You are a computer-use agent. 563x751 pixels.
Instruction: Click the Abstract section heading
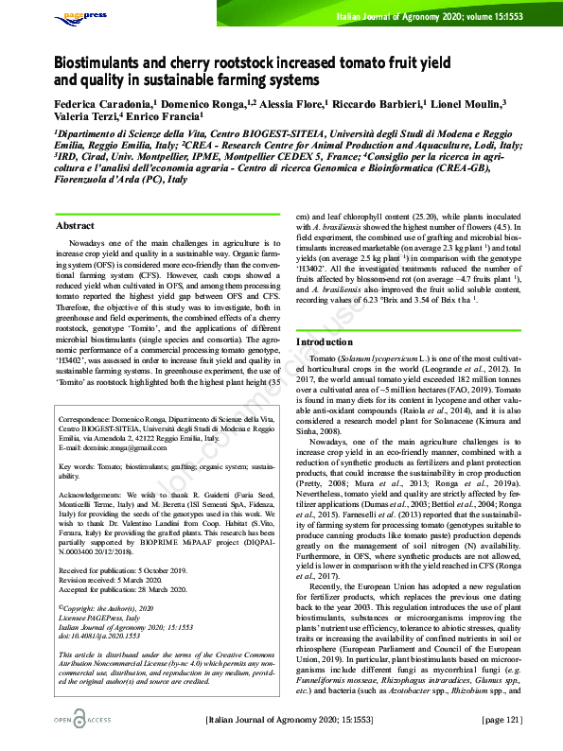75,227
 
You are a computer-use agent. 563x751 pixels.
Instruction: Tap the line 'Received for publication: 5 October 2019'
123,572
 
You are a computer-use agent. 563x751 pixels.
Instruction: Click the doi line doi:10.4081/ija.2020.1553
102,635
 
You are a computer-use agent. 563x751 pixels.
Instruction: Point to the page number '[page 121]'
501,722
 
